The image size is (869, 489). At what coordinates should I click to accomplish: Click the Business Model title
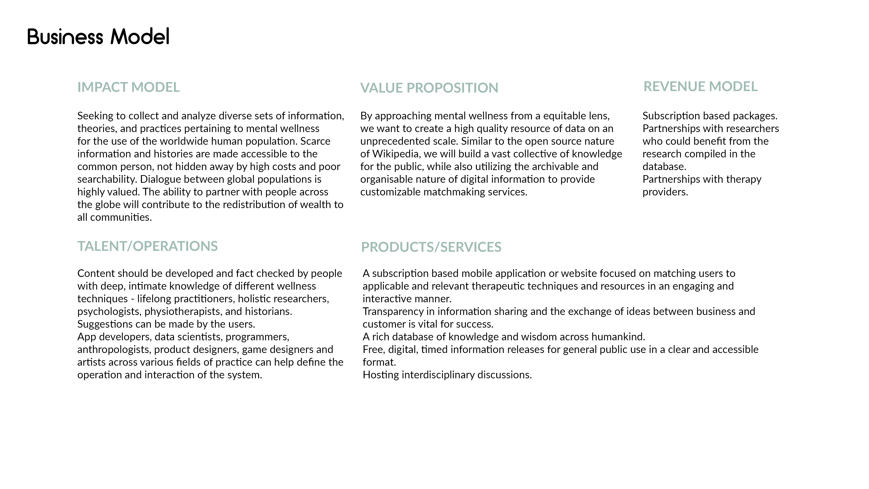click(98, 36)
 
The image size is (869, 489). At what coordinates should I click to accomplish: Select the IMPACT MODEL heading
click(129, 87)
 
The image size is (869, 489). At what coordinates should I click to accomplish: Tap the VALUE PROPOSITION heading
click(429, 88)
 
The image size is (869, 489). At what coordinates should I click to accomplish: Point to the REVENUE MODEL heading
click(700, 86)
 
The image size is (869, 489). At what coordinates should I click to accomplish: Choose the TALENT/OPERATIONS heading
click(147, 246)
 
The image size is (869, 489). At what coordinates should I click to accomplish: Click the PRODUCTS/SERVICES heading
click(431, 247)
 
